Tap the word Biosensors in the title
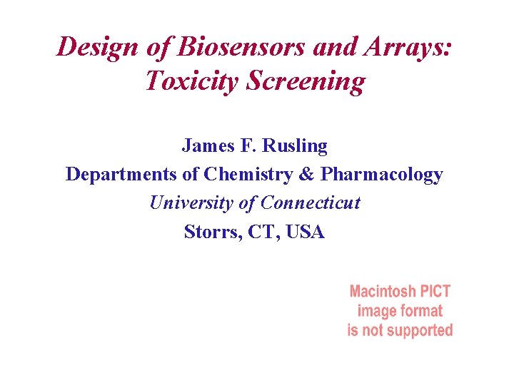(234, 47)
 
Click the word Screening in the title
(305, 81)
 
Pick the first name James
(204, 146)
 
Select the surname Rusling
(294, 146)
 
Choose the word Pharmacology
(382, 175)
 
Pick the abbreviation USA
(304, 232)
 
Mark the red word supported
(420, 330)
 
